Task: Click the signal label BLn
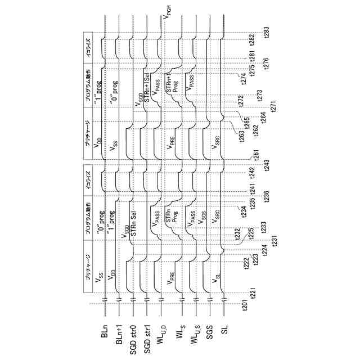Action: coord(105,334)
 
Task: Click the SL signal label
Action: coord(224,332)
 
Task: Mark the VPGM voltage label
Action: coord(167,20)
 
